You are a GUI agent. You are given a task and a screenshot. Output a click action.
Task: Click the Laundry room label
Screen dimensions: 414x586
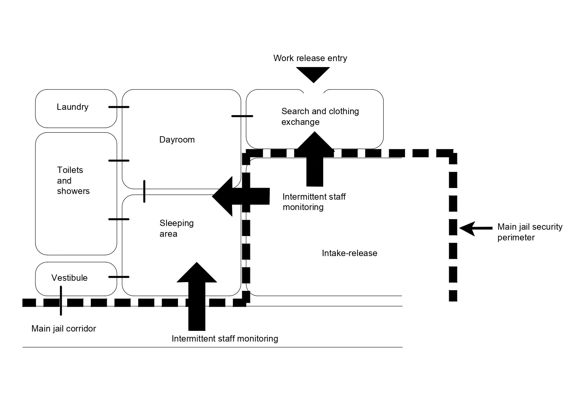(x=72, y=107)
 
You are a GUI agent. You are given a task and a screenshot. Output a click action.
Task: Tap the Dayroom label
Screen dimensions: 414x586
(x=177, y=140)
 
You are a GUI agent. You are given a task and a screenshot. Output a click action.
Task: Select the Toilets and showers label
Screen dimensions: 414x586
(x=73, y=180)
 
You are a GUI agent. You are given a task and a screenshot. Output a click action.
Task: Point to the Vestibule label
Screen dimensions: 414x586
(x=69, y=278)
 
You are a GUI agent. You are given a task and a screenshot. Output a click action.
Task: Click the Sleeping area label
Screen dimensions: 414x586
(x=176, y=228)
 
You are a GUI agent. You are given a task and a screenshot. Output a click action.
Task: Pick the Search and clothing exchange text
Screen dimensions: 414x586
(x=320, y=116)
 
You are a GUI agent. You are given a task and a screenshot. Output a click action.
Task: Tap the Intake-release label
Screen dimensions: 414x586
(x=349, y=253)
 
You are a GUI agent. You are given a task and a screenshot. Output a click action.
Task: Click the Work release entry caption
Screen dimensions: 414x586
(x=310, y=58)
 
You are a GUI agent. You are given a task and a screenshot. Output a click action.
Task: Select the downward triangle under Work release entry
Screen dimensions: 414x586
(x=313, y=74)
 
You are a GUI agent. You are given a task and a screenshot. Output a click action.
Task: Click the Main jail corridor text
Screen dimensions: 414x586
(x=63, y=329)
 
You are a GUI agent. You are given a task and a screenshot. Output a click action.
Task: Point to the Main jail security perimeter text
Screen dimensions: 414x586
(x=530, y=232)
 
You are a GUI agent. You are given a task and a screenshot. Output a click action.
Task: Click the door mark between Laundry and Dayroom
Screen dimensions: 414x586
(x=119, y=107)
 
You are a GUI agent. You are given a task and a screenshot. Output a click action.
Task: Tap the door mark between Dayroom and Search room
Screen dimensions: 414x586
(x=242, y=116)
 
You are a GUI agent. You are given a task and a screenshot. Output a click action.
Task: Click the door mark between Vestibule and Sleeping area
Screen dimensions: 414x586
(x=119, y=277)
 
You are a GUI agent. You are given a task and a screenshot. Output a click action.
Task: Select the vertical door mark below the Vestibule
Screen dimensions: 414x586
(x=61, y=300)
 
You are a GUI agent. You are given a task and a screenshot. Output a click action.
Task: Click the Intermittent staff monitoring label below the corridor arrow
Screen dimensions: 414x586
(x=224, y=339)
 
